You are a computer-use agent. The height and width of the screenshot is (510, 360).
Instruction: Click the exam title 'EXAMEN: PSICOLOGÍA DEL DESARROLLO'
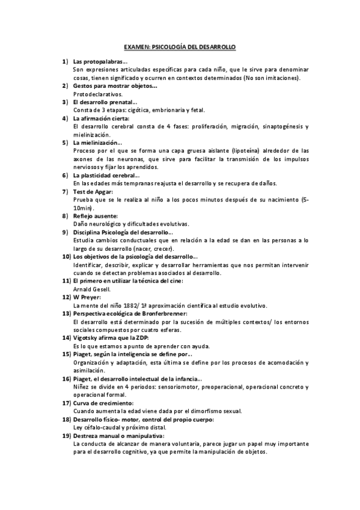click(x=180, y=46)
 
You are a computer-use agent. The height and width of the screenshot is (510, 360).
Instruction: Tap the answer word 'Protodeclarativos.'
click(x=97, y=94)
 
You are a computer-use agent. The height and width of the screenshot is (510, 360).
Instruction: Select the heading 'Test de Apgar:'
click(x=93, y=191)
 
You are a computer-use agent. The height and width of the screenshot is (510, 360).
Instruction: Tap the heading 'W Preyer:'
click(x=87, y=297)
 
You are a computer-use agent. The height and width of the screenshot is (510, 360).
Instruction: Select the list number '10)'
click(x=67, y=256)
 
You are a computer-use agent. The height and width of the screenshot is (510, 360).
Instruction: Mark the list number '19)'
click(x=67, y=435)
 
